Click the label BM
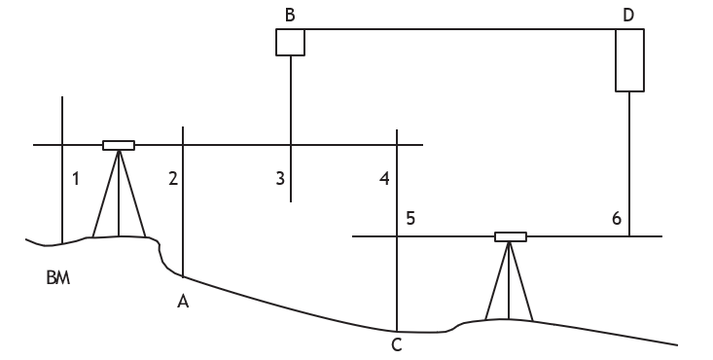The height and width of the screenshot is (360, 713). tap(58, 277)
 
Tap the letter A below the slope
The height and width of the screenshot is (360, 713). tap(183, 302)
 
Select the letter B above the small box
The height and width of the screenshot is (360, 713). tap(290, 15)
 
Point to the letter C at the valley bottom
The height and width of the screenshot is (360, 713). tap(397, 345)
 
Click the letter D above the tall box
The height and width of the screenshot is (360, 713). tap(628, 15)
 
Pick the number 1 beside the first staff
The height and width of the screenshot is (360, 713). tap(76, 179)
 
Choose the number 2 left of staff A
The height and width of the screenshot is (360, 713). tap(173, 179)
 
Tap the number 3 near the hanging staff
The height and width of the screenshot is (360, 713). tap(280, 178)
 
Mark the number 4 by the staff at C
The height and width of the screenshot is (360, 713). tap(384, 179)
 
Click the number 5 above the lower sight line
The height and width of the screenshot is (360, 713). tap(410, 219)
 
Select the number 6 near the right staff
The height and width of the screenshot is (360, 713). tap(617, 219)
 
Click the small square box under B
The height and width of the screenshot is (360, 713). tap(290, 43)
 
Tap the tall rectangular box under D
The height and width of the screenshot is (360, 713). tap(629, 60)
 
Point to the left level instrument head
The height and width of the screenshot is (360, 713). tap(119, 145)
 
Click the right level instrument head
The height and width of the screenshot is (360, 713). tap(511, 236)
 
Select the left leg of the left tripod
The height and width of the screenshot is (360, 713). tap(105, 194)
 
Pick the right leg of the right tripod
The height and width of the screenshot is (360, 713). tap(521, 281)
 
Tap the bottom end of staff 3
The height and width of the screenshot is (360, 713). tap(291, 201)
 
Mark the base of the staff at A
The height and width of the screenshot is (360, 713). tap(183, 276)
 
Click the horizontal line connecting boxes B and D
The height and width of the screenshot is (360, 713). tap(460, 29)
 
